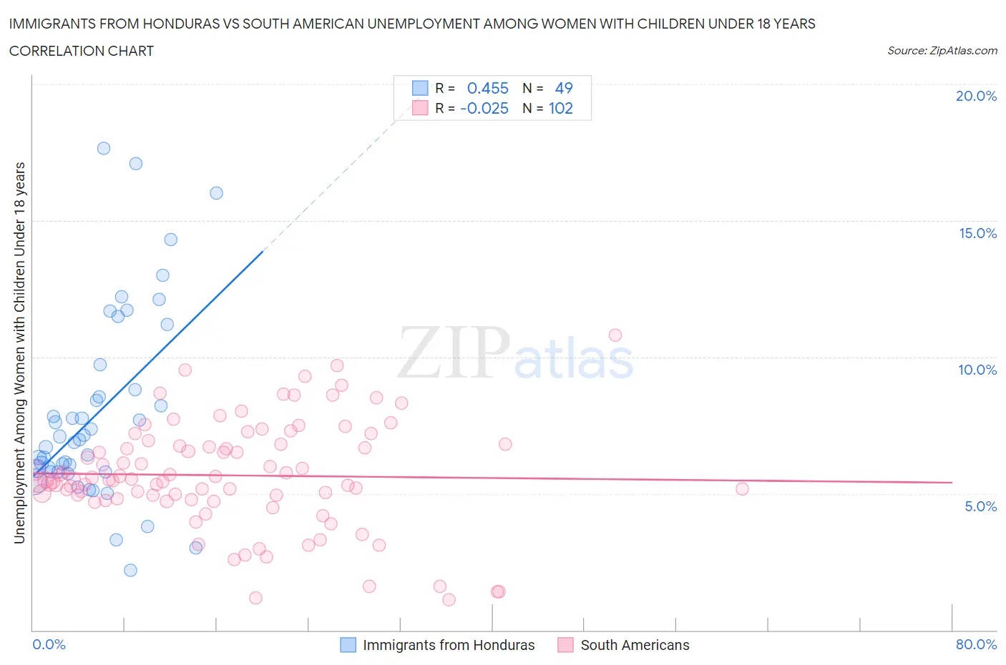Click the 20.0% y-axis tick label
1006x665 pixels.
pos(976,96)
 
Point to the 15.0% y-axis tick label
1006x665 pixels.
pos(977,233)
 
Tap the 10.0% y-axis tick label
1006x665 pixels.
pos(977,370)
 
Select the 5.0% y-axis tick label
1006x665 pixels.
pos(980,506)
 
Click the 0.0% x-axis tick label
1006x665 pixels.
pos(49,644)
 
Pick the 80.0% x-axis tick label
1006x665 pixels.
pos(976,644)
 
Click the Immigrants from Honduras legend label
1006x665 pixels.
pos(449,645)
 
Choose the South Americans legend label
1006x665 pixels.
pos(635,645)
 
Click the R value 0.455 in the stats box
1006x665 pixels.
pos(487,88)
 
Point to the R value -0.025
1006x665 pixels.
pos(484,108)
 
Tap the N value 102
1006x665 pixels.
pos(560,108)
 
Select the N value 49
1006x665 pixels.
pos(564,88)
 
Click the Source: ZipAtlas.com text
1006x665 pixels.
pos(942,51)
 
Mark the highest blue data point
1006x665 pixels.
pos(104,148)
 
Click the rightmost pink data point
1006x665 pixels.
pos(742,488)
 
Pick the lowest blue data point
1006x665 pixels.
pos(130,570)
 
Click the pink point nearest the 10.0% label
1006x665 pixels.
pos(615,335)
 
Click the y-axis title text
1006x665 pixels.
pos(20,353)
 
